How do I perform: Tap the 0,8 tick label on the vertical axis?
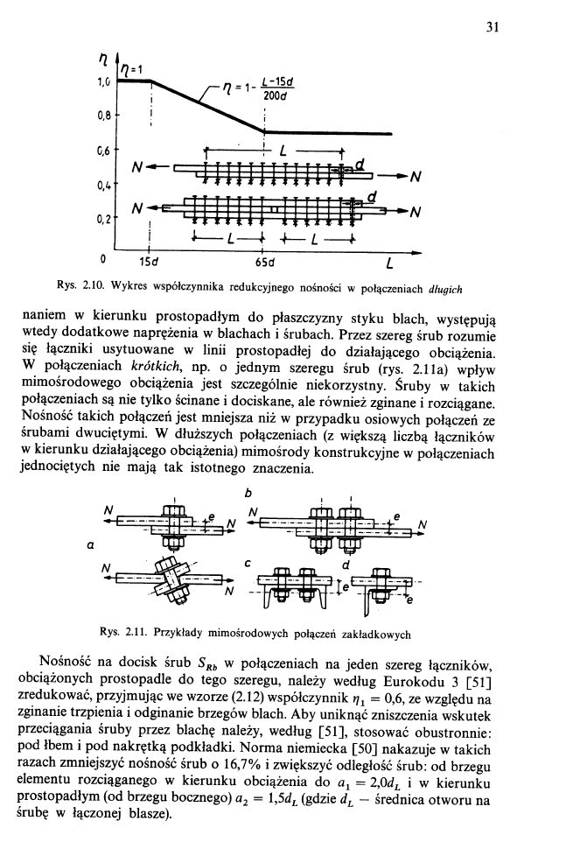pos(103,115)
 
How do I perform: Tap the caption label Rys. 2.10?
pos(129,287)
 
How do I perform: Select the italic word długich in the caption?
pos(444,287)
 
